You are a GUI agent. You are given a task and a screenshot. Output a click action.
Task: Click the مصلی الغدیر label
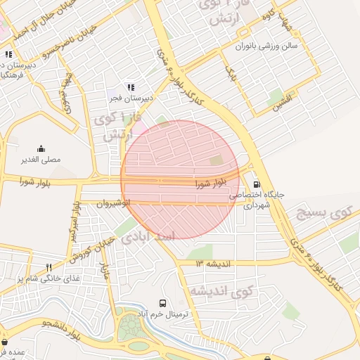(43, 159)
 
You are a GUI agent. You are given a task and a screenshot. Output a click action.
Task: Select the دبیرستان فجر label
(131, 98)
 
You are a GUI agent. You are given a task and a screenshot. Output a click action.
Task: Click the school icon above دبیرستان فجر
(131, 87)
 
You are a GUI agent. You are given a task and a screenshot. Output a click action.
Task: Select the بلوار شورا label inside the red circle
(211, 184)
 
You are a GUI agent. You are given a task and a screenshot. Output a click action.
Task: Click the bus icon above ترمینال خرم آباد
(163, 303)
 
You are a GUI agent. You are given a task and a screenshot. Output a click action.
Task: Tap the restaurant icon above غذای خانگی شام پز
(49, 267)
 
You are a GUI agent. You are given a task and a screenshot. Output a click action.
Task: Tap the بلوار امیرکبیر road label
(73, 222)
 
